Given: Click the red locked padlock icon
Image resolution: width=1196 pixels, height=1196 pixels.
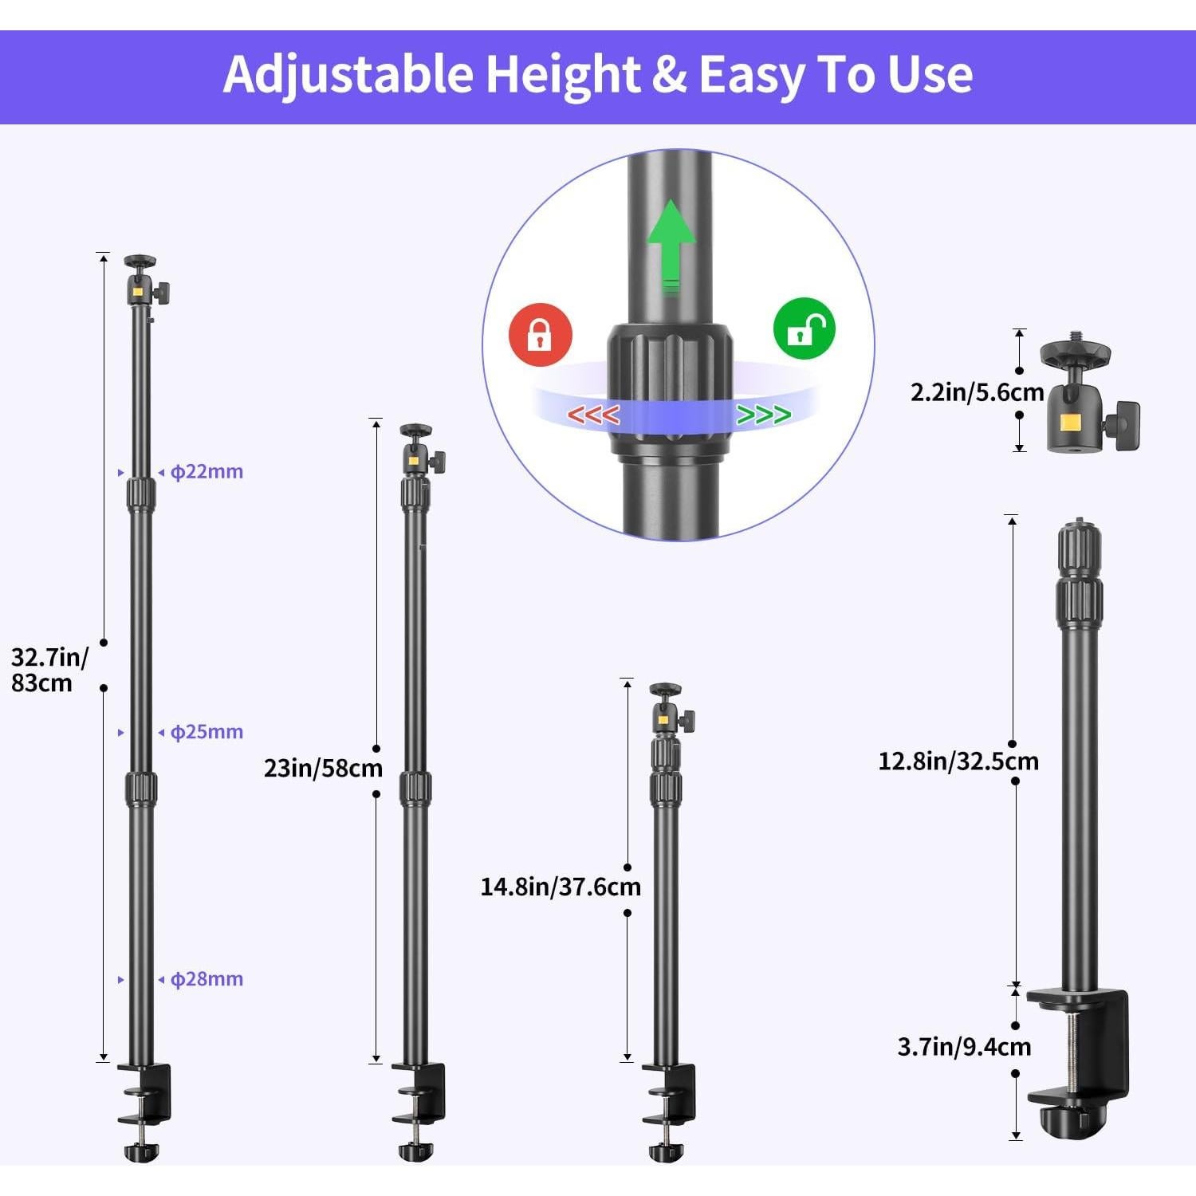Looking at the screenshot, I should (540, 334).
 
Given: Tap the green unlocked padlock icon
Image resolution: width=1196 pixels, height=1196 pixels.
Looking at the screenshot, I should (804, 329).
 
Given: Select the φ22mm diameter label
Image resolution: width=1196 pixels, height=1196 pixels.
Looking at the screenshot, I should (207, 471).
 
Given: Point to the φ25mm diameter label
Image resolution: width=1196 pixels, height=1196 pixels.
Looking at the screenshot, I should (207, 731).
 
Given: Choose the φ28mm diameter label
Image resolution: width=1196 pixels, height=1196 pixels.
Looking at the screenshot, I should (207, 978).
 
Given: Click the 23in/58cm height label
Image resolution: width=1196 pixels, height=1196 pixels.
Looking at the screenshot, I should (323, 769).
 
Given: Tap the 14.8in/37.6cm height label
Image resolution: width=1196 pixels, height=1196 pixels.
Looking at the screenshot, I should (560, 887).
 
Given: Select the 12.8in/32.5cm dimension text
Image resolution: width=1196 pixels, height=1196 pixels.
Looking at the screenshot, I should (958, 761).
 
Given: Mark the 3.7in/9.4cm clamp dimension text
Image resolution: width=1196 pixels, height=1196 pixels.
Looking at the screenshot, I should (963, 1046).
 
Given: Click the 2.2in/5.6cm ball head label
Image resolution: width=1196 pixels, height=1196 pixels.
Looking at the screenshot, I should (977, 391).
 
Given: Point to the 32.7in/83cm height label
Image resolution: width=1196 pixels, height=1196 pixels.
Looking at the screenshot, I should (48, 670).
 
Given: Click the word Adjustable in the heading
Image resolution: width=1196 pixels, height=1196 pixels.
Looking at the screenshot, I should (348, 74).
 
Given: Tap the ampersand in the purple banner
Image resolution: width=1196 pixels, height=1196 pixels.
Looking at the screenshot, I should (668, 75).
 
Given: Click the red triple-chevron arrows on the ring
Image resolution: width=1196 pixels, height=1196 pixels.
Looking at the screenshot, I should (593, 415).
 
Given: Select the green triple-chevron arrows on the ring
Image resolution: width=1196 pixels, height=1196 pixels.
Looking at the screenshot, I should (763, 415).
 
